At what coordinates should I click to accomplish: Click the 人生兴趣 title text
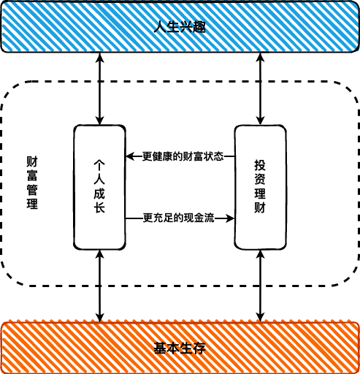(180, 27)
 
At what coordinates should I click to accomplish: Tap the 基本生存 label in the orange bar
(180, 348)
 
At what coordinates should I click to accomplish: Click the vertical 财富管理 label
(32, 183)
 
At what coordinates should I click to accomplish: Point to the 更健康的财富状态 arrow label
(183, 156)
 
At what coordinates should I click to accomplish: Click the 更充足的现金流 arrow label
(179, 218)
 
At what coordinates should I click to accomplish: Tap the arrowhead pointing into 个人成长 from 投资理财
(130, 156)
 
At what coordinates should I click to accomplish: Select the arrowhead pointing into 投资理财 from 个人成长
(229, 218)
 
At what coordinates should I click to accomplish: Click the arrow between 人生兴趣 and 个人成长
(99, 88)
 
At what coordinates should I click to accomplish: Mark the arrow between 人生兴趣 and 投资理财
(260, 88)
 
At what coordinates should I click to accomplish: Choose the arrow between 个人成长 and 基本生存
(99, 286)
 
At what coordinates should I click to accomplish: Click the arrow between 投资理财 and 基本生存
(260, 286)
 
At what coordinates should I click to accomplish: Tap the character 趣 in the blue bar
(199, 27)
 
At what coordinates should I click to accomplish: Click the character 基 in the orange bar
(161, 348)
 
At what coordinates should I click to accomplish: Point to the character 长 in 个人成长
(99, 207)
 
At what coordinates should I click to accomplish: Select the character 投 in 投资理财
(260, 165)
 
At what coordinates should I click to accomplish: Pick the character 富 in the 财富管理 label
(32, 176)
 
